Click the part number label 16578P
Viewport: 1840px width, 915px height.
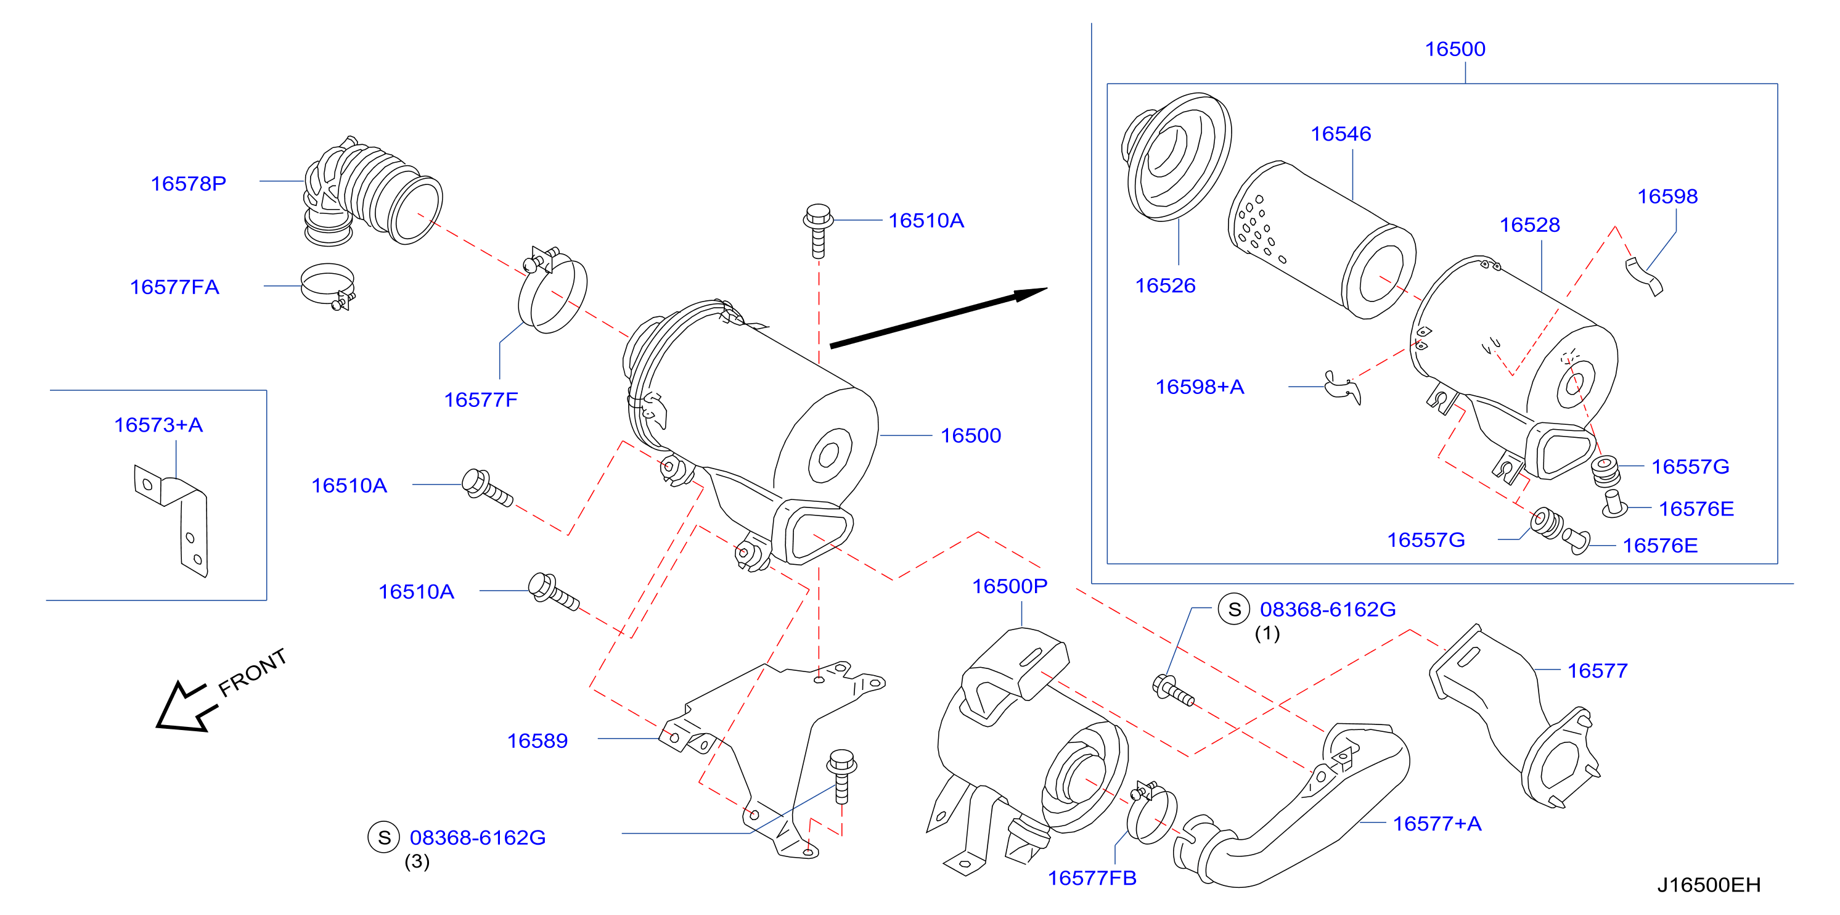[x=188, y=184]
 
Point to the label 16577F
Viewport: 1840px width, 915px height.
[x=481, y=400]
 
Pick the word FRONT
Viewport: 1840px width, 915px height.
[x=252, y=673]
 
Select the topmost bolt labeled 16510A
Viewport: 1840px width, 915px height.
[x=818, y=230]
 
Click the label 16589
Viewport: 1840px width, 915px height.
[x=537, y=741]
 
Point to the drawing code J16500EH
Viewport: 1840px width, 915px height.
[x=1709, y=885]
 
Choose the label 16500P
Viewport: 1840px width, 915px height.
[x=1009, y=586]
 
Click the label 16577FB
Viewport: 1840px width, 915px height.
[x=1092, y=878]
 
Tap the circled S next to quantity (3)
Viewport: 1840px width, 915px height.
[x=383, y=837]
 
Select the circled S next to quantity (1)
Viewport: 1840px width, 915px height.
[x=1234, y=609]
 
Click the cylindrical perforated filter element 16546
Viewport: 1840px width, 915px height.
[x=1322, y=240]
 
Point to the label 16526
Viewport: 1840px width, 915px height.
[x=1165, y=285]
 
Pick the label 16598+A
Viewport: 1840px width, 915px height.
[x=1200, y=387]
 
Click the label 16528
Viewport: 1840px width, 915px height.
[x=1529, y=225]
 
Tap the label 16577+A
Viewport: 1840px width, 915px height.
[x=1437, y=824]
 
